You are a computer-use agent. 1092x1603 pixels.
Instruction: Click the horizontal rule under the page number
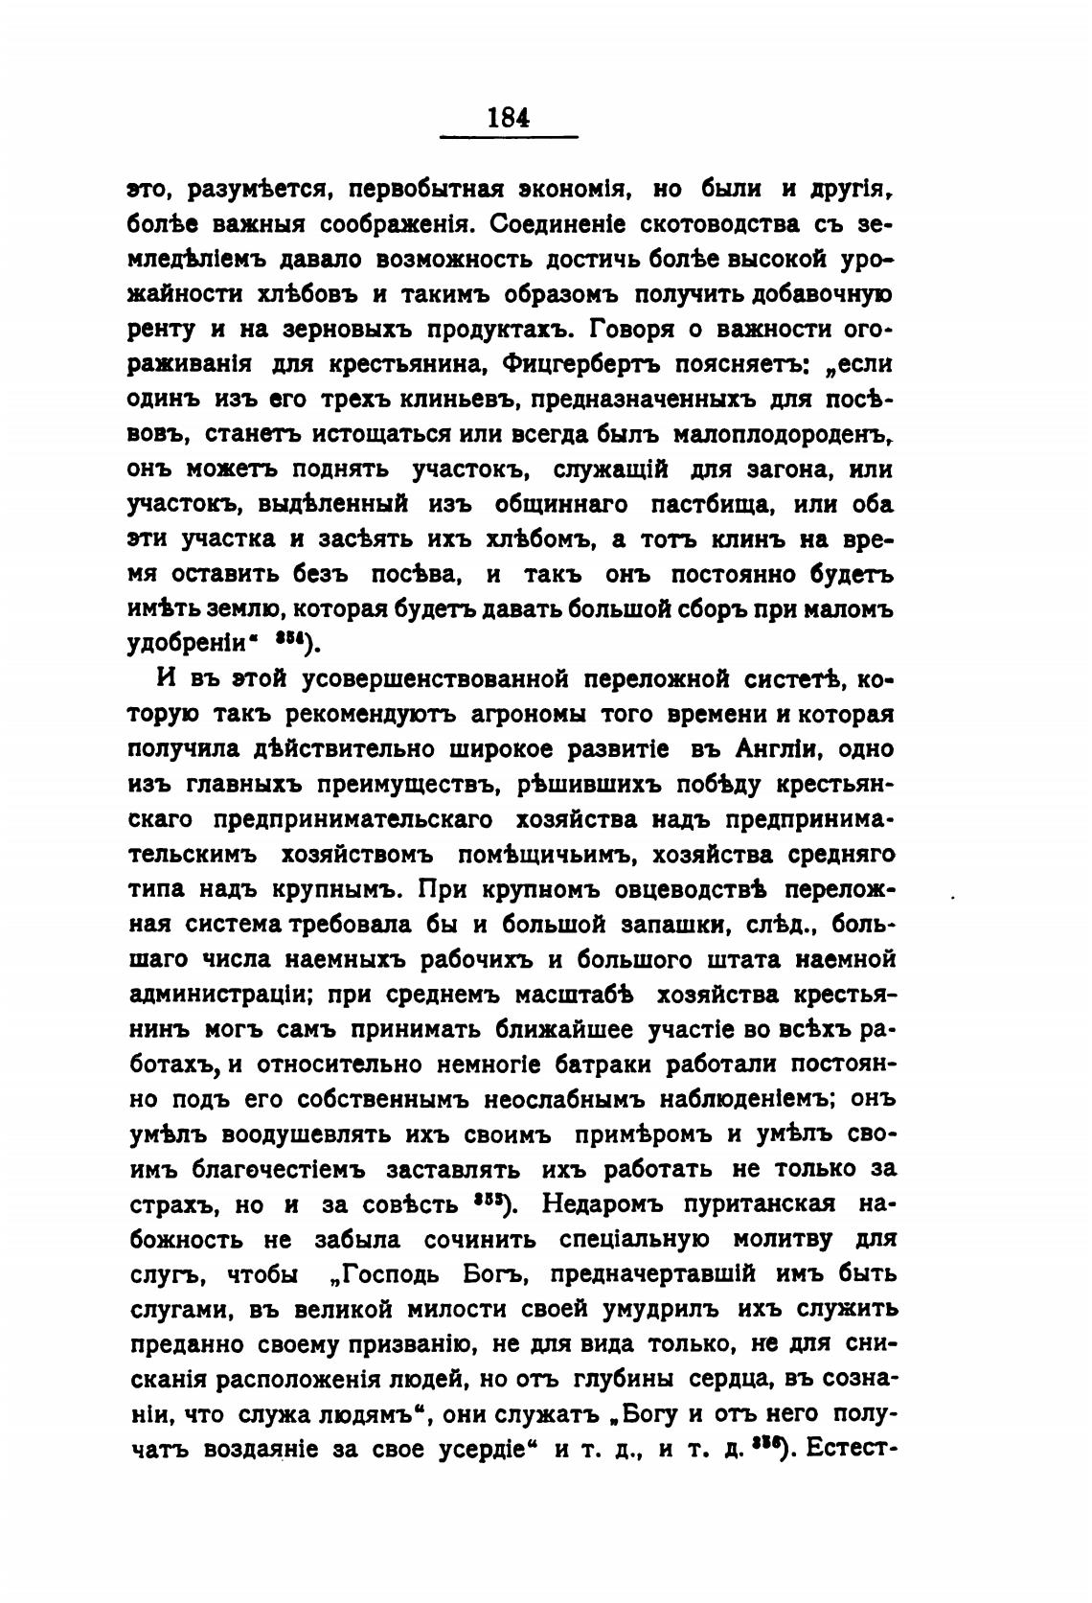[508, 139]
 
